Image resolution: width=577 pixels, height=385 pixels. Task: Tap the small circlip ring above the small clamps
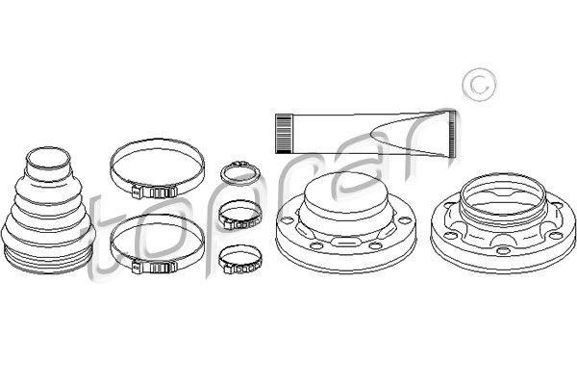(x=236, y=174)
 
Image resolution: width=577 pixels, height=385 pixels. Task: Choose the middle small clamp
(x=237, y=214)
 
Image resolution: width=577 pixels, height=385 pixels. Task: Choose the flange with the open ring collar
(x=501, y=222)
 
